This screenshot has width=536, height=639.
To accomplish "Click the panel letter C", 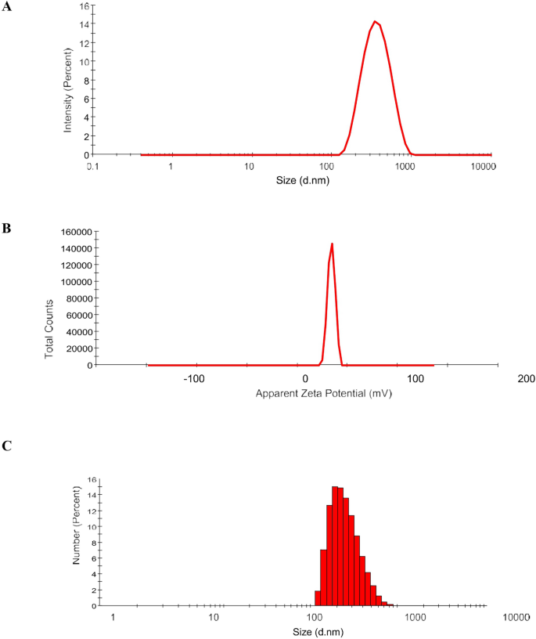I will click(6, 446).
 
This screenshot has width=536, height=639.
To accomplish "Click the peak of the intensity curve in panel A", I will click(376, 22).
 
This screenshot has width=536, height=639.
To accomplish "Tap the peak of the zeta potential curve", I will click(333, 244).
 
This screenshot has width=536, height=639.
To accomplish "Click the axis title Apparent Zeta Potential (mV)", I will click(322, 393).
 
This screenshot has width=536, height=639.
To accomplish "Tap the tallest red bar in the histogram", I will click(335, 545).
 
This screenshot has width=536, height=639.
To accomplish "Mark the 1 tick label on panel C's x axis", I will click(113, 619).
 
